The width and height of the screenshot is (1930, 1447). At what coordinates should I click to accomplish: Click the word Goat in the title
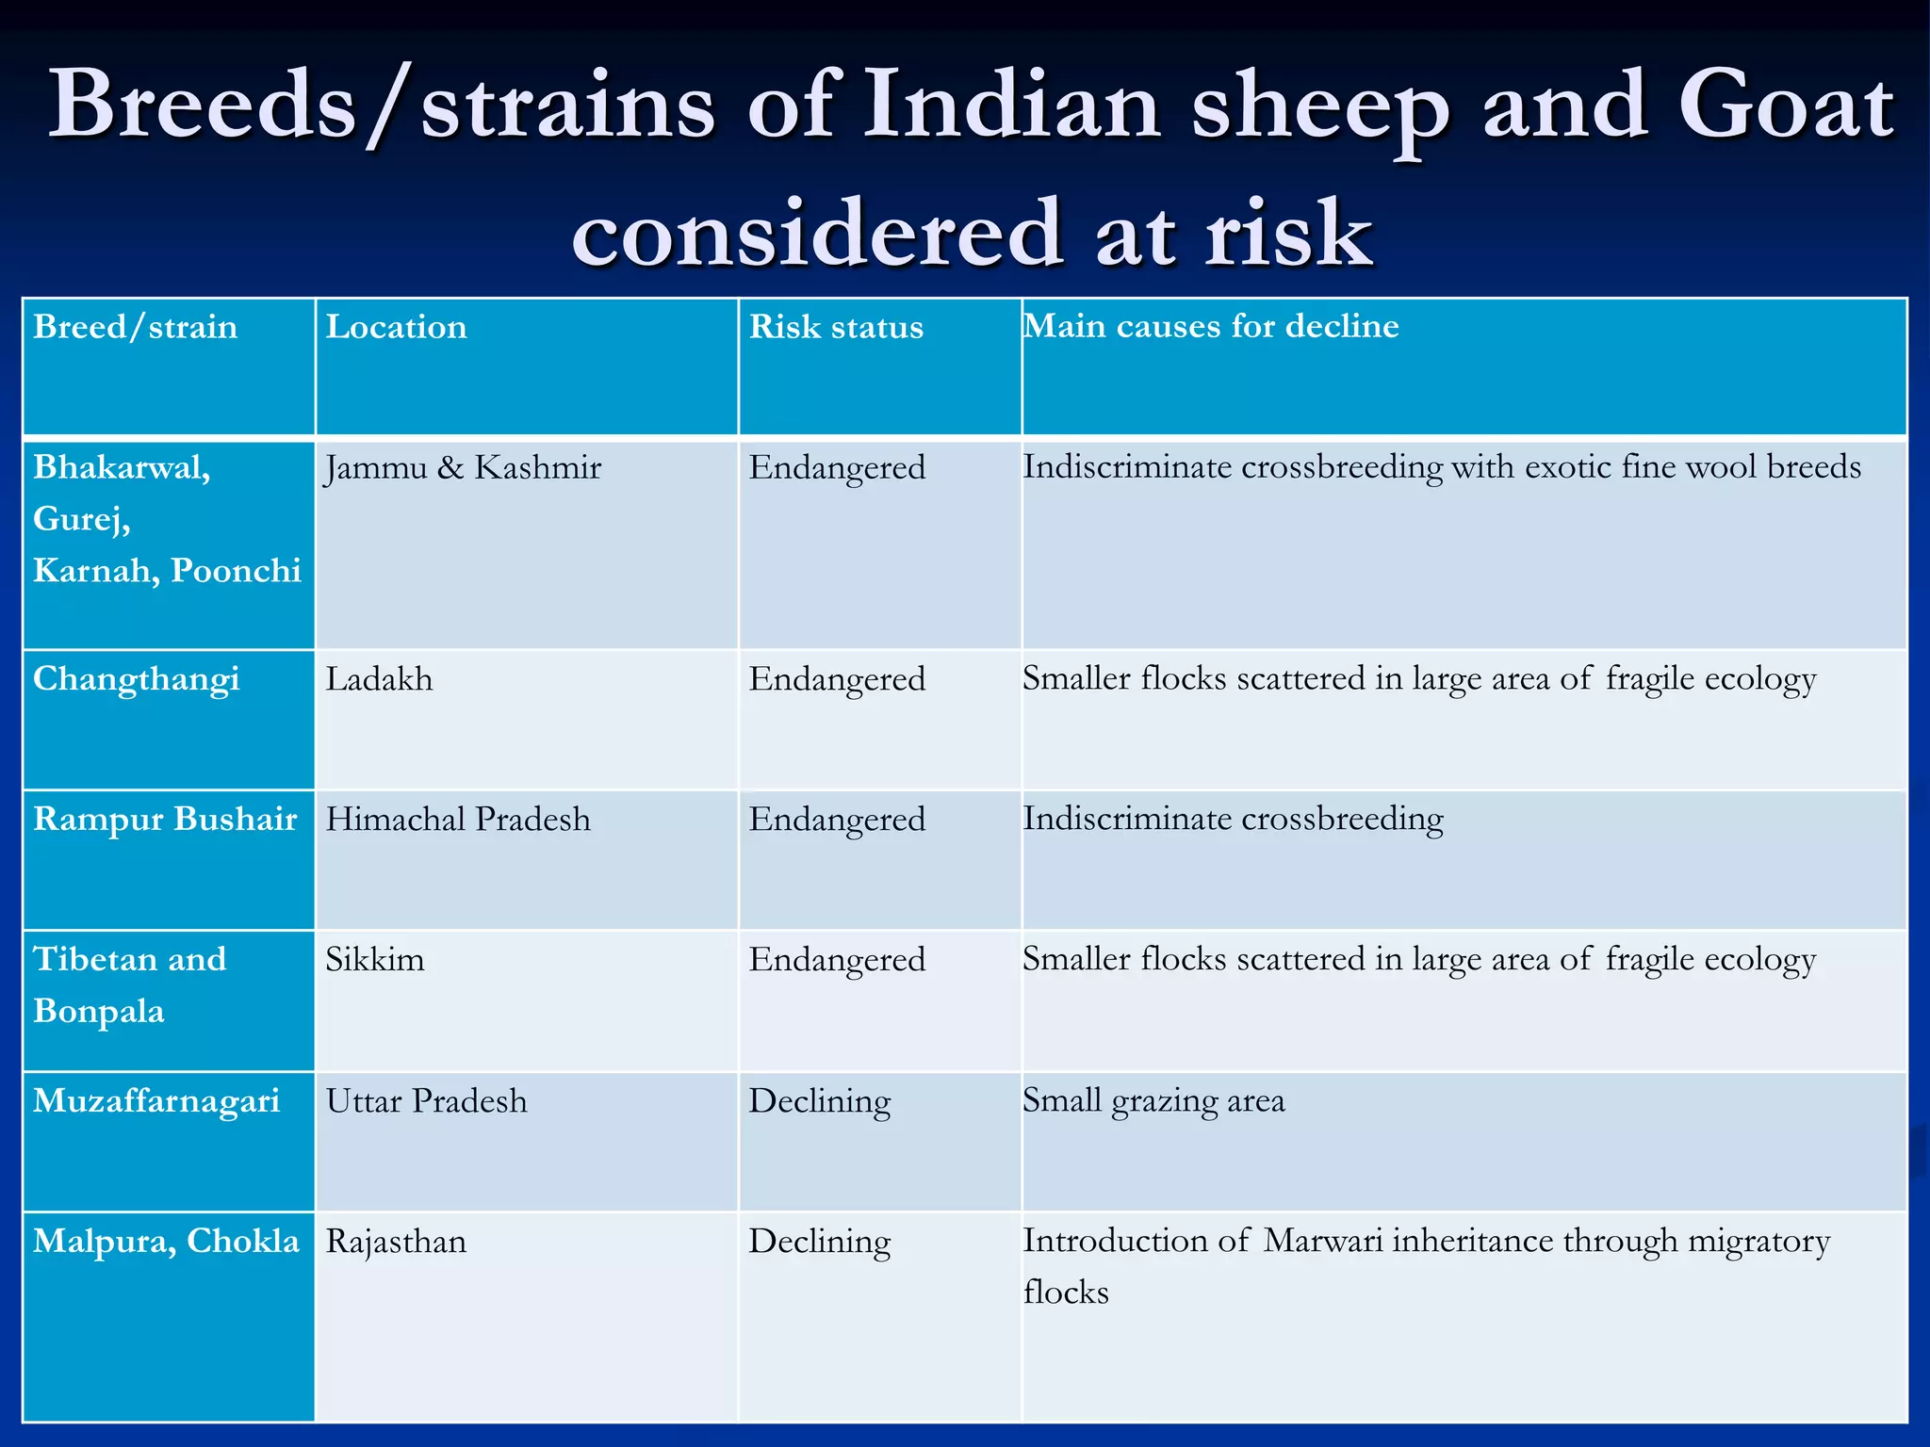tap(1785, 106)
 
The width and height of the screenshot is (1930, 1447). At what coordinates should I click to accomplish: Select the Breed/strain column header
tap(136, 327)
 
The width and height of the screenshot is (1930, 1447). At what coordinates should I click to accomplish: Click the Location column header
tap(396, 327)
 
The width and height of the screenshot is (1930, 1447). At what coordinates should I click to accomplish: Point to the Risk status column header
tap(836, 327)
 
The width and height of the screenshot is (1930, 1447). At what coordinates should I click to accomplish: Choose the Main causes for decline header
tap(1211, 326)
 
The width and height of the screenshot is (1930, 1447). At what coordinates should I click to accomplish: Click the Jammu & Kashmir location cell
tap(464, 467)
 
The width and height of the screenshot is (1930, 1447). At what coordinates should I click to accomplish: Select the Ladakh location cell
tap(380, 679)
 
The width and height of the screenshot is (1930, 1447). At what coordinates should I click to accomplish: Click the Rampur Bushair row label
tap(165, 820)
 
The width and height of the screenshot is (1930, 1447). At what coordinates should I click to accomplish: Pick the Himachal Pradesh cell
tap(458, 820)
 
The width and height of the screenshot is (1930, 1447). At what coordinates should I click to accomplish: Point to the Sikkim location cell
tap(375, 960)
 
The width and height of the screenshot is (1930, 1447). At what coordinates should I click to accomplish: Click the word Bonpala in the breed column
tap(99, 1012)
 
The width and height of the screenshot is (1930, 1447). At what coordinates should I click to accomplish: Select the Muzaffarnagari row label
tap(156, 1101)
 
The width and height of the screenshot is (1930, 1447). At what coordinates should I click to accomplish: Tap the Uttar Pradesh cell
tap(427, 1101)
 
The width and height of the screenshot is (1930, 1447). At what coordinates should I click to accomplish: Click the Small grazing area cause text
tap(1153, 1101)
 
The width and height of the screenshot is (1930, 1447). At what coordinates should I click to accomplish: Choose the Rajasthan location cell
tap(396, 1242)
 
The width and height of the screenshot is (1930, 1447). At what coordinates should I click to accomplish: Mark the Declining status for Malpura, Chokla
tap(820, 1242)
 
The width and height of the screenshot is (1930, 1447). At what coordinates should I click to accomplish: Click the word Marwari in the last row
tap(1323, 1241)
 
